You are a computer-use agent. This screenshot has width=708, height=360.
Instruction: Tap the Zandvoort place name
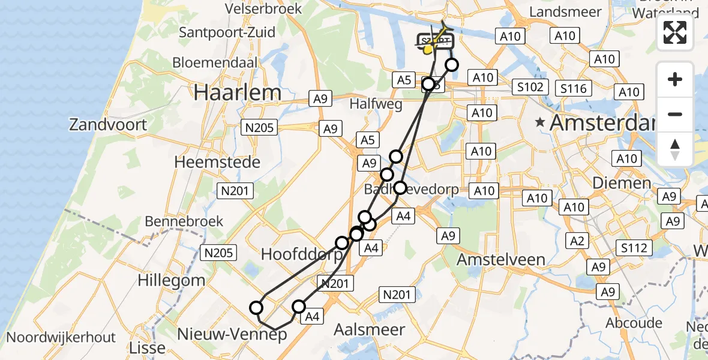(108, 125)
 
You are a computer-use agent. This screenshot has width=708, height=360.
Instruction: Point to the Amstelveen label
(501, 260)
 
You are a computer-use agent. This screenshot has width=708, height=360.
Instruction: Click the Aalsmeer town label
(361, 329)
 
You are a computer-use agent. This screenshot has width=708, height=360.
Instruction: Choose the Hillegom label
(172, 280)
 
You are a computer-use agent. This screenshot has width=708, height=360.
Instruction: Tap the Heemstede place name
(217, 162)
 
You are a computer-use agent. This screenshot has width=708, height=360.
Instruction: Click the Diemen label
(622, 182)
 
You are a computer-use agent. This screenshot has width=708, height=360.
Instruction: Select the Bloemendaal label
(215, 62)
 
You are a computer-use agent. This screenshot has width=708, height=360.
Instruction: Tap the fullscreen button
(675, 32)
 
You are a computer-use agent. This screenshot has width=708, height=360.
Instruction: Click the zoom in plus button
(675, 80)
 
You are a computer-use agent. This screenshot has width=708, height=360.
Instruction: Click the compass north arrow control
(675, 149)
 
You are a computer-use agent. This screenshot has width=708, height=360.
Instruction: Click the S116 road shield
(573, 89)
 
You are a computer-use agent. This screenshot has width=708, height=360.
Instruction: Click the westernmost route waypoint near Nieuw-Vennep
(256, 308)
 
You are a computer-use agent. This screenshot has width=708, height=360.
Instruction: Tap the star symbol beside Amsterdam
(541, 122)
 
